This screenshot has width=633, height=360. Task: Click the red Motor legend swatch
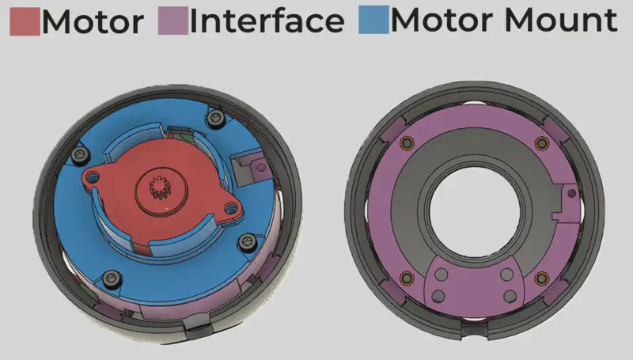tap(25, 21)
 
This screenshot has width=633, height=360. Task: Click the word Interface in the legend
tap(267, 21)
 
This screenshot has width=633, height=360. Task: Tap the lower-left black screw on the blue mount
tap(112, 277)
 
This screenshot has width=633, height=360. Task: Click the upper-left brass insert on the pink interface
tap(407, 143)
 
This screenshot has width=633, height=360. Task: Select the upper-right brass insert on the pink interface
tap(542, 143)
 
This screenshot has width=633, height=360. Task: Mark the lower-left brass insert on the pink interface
tap(407, 278)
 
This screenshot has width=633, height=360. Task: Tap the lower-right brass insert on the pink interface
tap(542, 278)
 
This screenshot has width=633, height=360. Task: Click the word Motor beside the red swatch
tap(93, 21)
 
